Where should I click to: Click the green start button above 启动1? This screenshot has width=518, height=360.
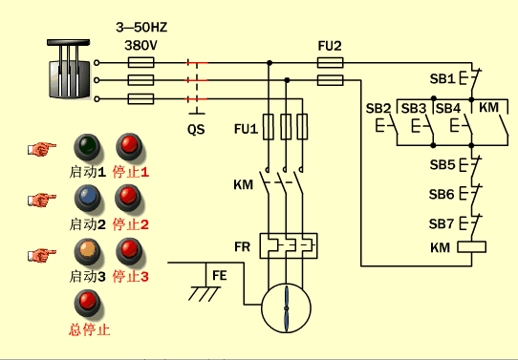click(87, 147)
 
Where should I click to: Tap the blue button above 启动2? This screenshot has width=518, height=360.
click(87, 198)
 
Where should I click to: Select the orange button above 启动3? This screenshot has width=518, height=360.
click(87, 250)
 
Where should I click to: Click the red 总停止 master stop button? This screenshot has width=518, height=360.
click(89, 303)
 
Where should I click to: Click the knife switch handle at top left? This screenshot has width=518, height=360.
click(66, 69)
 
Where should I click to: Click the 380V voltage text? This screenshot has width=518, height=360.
click(140, 44)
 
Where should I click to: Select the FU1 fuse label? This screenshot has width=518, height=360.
click(246, 127)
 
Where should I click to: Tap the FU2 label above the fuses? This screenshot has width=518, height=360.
click(330, 45)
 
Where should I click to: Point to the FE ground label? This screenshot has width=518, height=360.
click(219, 275)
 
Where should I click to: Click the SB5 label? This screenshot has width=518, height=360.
click(442, 164)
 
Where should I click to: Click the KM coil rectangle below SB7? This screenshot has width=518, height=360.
click(473, 247)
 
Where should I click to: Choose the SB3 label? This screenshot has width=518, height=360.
click(413, 107)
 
